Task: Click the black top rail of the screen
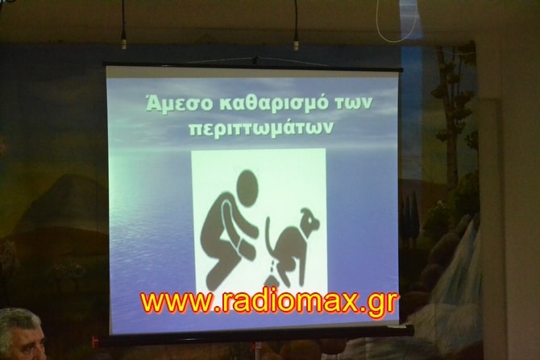tap(253, 66)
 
